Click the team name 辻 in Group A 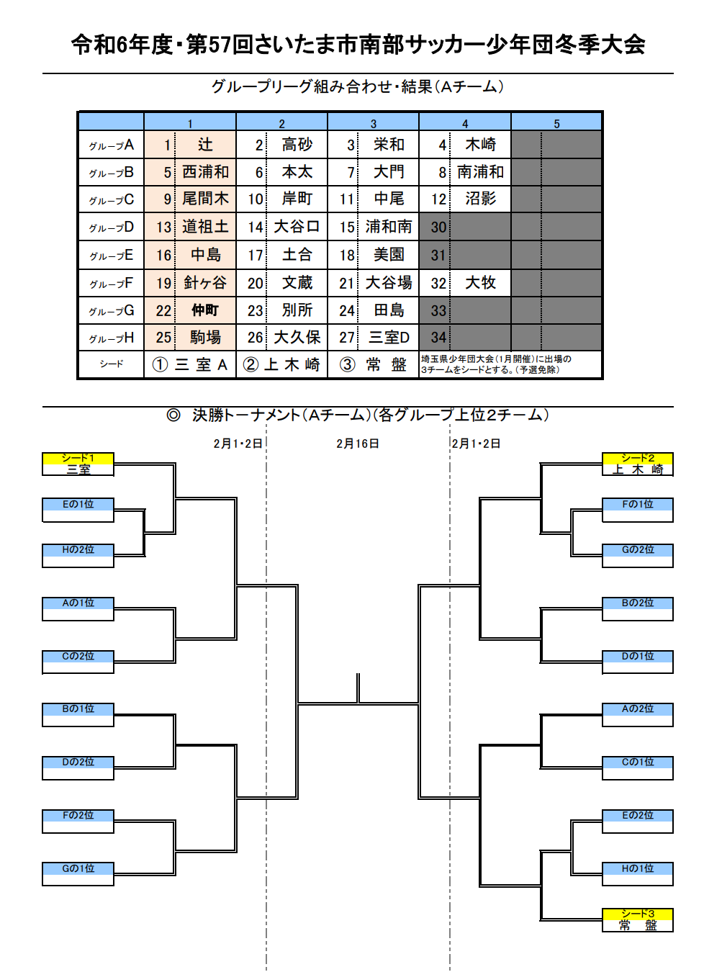point(205,144)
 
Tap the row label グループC point(112,200)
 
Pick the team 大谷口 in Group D point(297,227)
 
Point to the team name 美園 point(389,255)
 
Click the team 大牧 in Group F point(480,283)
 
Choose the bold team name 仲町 point(205,310)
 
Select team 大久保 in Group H point(297,337)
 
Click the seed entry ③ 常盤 point(374,364)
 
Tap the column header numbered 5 point(556,124)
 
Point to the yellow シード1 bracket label point(78,459)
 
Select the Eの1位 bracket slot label point(78,504)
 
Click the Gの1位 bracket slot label point(78,868)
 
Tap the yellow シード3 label point(638,914)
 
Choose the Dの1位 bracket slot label point(638,656)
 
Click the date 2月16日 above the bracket point(358,444)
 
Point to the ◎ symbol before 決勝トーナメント point(173,415)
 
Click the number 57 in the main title point(220,45)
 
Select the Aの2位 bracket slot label point(638,708)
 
